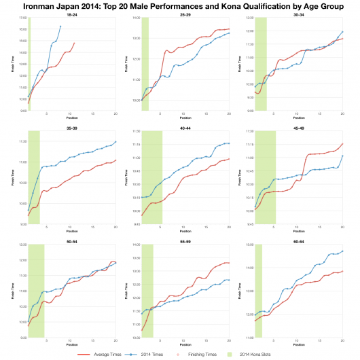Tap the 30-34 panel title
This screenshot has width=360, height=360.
pyautogui.click(x=299, y=14)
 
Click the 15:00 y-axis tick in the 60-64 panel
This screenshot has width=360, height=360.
pyautogui.click(x=249, y=245)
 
